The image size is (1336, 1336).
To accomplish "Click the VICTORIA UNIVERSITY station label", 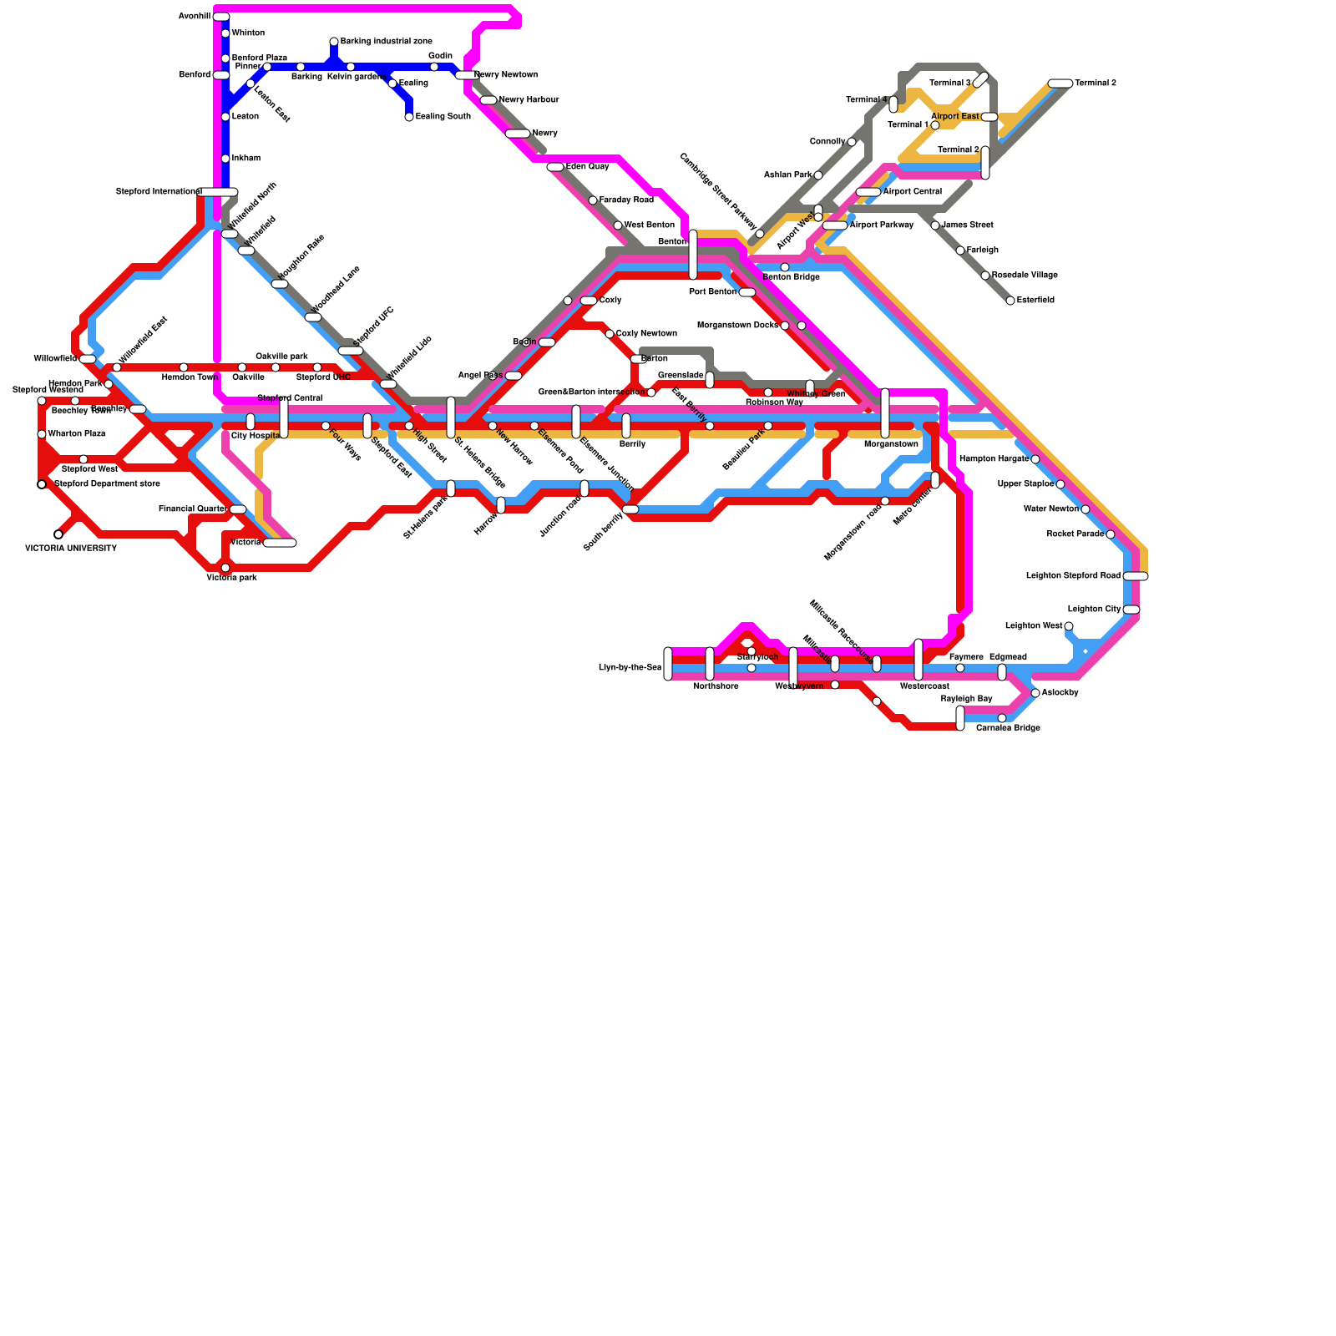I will (x=71, y=549).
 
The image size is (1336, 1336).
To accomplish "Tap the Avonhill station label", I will (x=194, y=17).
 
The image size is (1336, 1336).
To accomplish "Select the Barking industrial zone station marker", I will (x=334, y=42).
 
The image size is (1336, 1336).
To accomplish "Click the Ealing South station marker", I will (x=409, y=117).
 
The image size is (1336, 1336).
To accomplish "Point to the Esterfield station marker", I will (x=1010, y=301).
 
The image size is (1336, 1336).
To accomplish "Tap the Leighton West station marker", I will (x=1069, y=626).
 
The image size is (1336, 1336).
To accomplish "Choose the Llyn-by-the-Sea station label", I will (x=630, y=668).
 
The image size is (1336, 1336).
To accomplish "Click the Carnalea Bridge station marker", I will (x=1002, y=718).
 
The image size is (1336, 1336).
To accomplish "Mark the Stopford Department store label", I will (x=107, y=484).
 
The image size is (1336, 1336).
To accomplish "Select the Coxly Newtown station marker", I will (x=610, y=334).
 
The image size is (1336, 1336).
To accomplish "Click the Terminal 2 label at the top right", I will (x=1096, y=83).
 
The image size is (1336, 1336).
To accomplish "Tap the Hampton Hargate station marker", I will (x=1035, y=459).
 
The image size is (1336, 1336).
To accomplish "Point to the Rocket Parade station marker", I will (x=1111, y=534).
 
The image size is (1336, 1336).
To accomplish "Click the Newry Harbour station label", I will (x=529, y=100).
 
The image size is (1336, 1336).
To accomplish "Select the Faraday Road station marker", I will (x=593, y=200).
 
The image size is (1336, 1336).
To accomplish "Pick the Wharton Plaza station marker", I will (x=42, y=434).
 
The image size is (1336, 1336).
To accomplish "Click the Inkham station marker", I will (x=225, y=159).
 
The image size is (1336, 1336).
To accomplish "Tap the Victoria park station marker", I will (x=225, y=568).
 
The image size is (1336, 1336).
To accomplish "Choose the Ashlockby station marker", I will (x=1035, y=693).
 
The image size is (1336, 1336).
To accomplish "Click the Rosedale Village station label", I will (x=1025, y=276).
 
